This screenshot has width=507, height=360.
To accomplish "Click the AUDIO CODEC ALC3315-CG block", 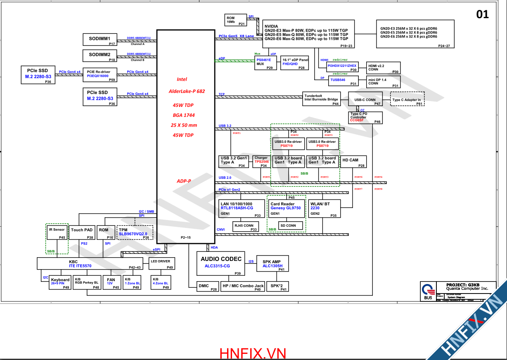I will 221,263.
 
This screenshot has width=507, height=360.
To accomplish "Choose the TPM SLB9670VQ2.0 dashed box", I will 135,232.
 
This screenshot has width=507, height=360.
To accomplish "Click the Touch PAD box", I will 82,232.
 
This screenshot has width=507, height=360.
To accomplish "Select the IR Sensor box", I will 57,232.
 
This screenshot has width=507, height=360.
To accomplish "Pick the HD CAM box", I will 353,162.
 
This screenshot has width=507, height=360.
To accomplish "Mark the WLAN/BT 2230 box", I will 325,208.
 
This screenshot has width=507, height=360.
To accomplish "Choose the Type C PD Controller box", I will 366,118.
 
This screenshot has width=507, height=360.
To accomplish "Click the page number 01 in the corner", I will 482,14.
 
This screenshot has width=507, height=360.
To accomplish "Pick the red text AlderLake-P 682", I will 187,91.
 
